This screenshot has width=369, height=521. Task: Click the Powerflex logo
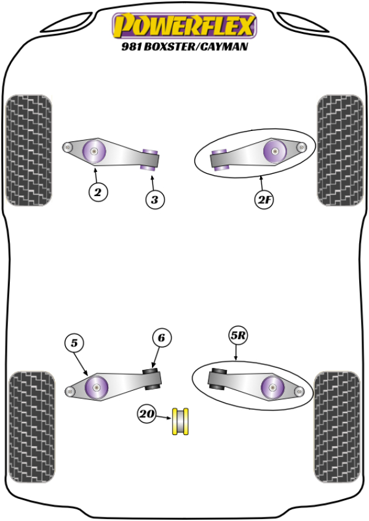click(184, 26)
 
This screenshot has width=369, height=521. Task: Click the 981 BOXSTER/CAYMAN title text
click(184, 46)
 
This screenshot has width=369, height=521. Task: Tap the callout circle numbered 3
click(155, 199)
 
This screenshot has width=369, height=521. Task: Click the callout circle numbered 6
click(161, 338)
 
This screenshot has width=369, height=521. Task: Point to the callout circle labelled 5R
click(238, 336)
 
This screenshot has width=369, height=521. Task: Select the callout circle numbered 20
click(146, 415)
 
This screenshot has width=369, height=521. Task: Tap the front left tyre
click(28, 150)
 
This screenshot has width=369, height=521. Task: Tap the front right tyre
click(340, 150)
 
